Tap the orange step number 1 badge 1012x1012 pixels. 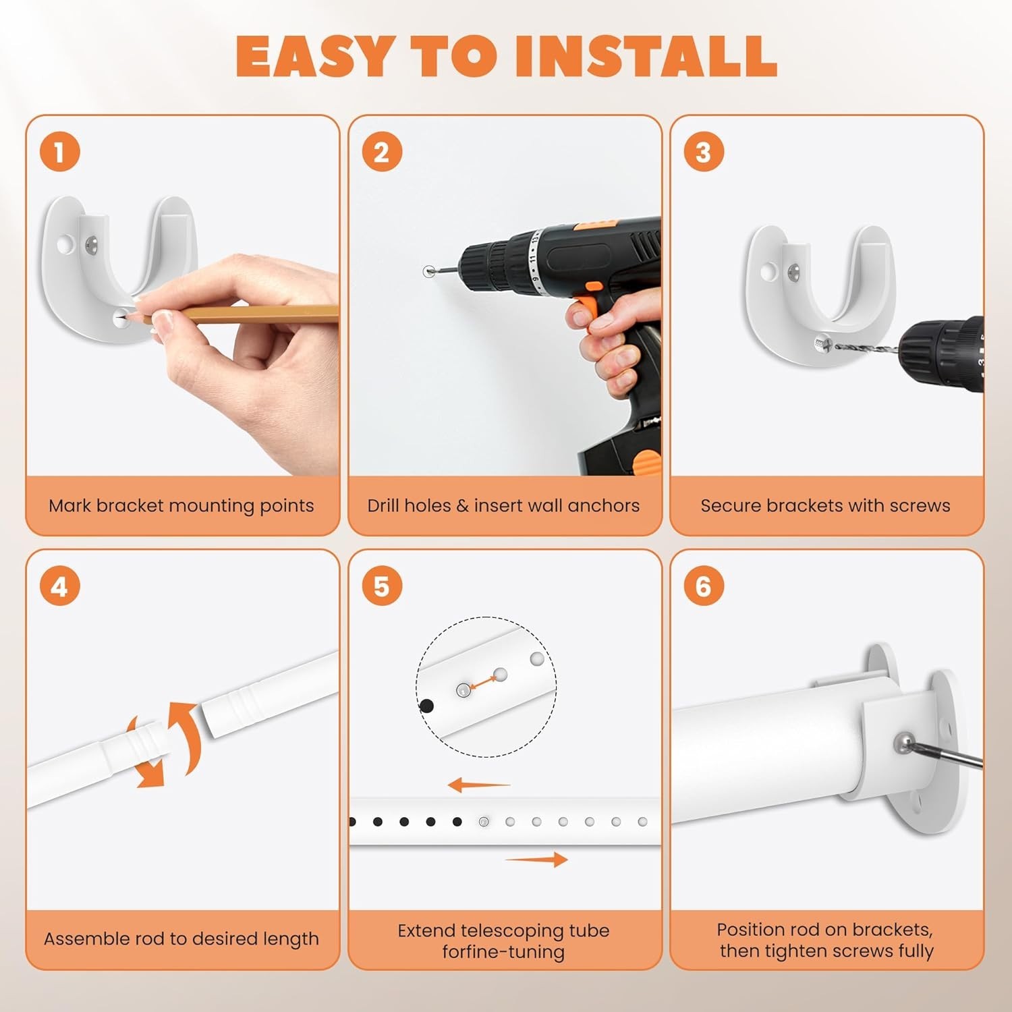click(x=59, y=152)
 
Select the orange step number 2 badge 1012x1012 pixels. click(x=382, y=152)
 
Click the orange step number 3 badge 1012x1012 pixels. click(x=704, y=152)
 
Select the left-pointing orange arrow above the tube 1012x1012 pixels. click(x=479, y=785)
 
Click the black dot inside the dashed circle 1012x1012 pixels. click(x=426, y=706)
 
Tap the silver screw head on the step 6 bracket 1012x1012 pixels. click(x=903, y=743)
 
